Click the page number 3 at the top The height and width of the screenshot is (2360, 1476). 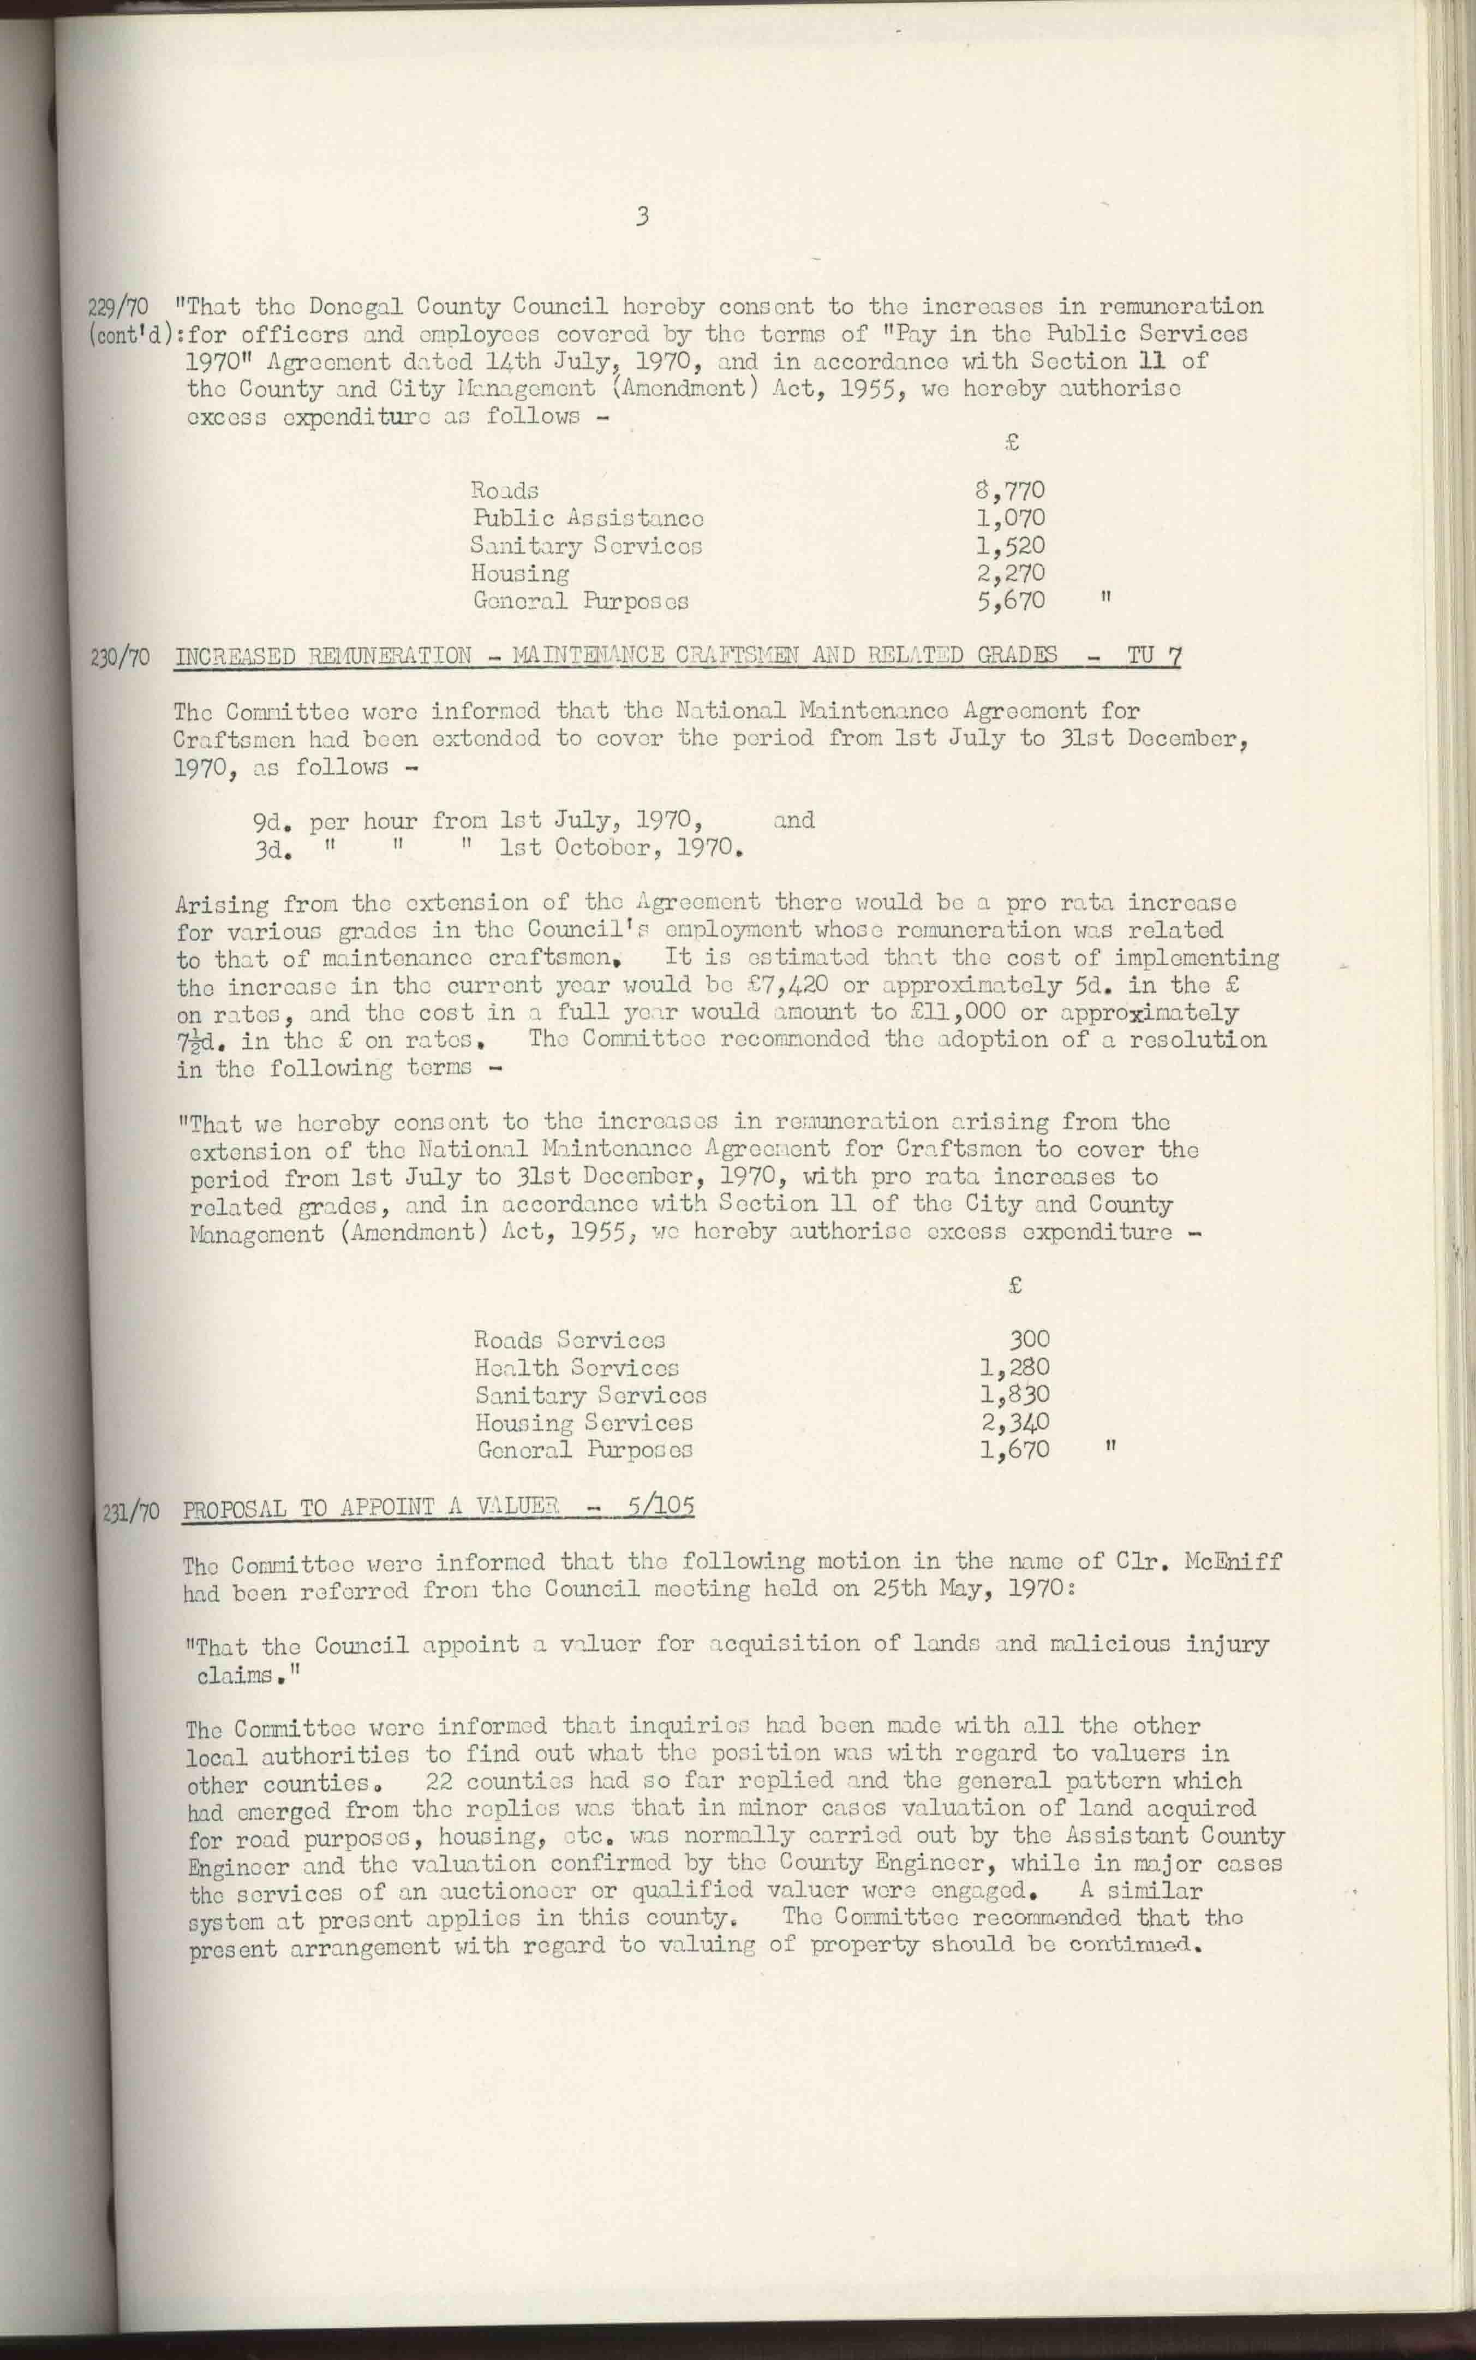(641, 217)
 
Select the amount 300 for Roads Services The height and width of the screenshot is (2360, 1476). (1029, 1340)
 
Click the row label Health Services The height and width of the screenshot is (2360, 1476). (576, 1368)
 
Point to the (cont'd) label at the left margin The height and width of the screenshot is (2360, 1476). (131, 335)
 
